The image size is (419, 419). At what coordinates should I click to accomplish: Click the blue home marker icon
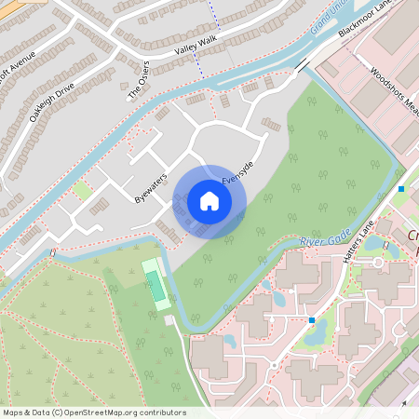(209, 201)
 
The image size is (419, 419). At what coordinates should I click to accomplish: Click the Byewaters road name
(148, 187)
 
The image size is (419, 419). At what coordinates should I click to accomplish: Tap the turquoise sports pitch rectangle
(156, 284)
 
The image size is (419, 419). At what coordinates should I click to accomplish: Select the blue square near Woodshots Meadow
(401, 189)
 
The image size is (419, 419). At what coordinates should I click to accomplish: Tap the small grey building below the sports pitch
(169, 319)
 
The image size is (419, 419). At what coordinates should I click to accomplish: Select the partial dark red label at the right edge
(412, 242)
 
